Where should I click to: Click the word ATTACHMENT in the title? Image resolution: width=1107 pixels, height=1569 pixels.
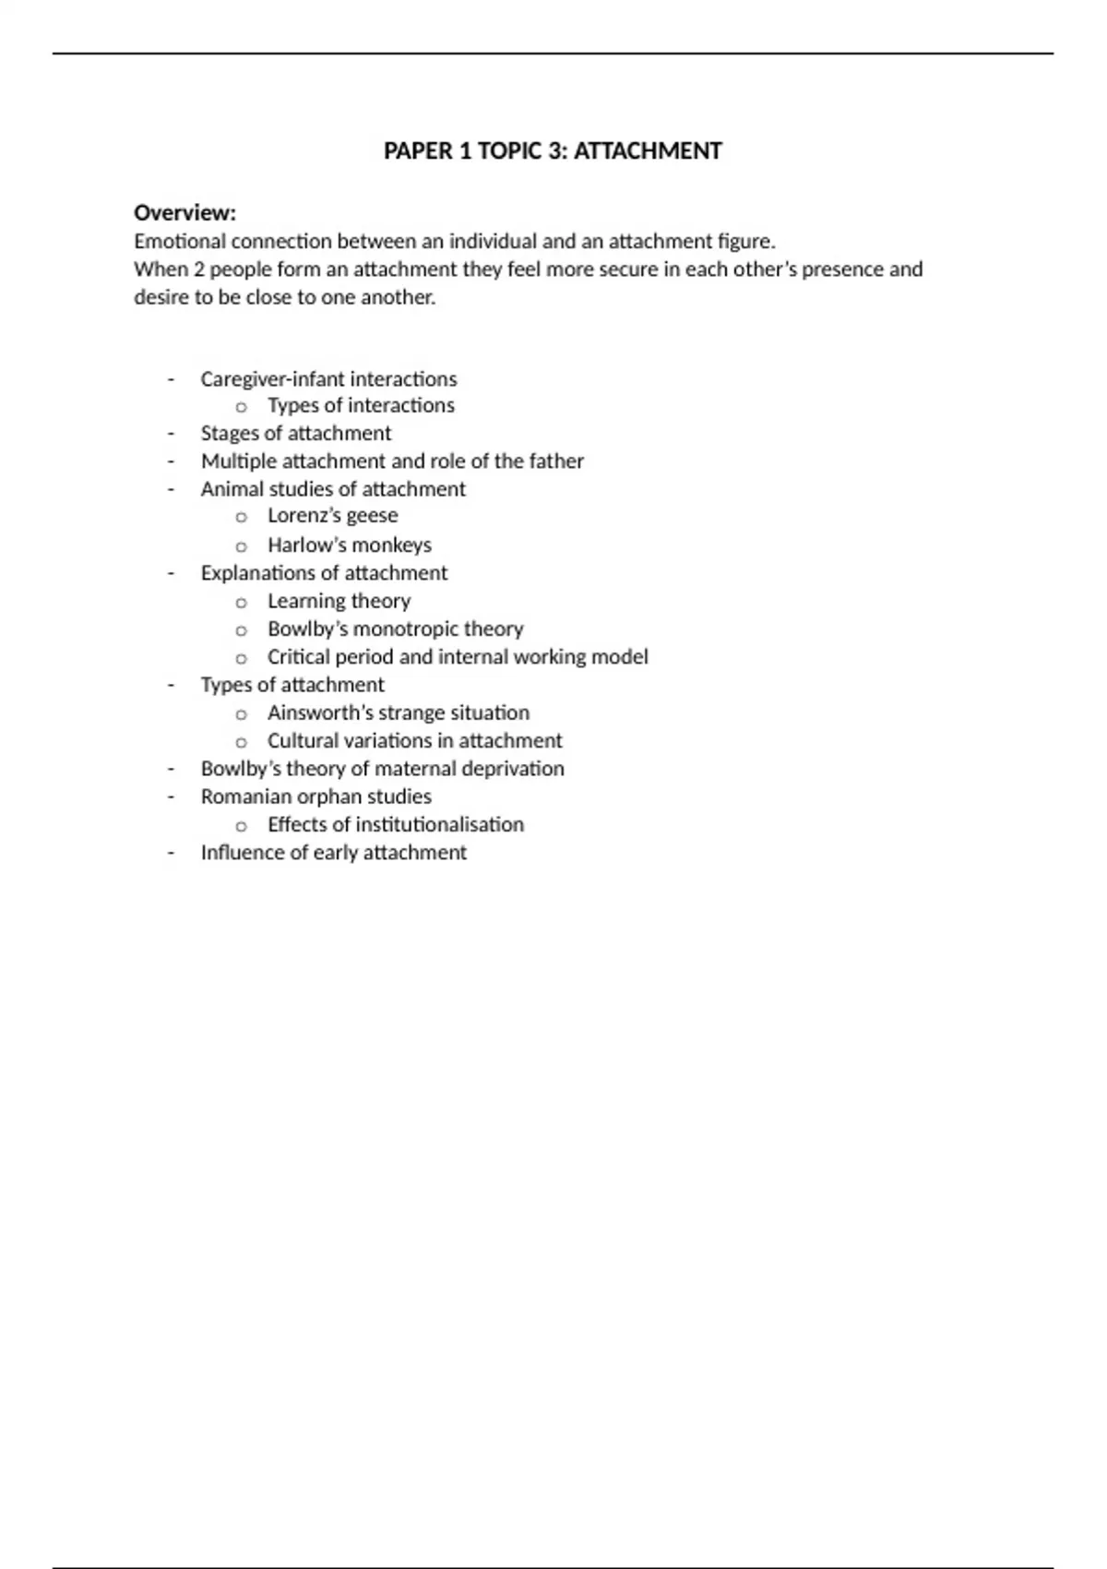[648, 151]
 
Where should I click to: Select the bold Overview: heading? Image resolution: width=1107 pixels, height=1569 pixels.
[184, 213]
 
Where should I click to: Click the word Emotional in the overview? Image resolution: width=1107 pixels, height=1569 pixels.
[179, 242]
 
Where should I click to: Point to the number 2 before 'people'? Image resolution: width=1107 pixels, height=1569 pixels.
[199, 269]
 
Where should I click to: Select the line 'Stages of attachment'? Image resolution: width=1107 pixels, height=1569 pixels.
[295, 434]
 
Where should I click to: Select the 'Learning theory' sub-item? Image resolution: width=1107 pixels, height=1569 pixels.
[339, 602]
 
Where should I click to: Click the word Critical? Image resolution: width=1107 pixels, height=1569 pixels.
[298, 657]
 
